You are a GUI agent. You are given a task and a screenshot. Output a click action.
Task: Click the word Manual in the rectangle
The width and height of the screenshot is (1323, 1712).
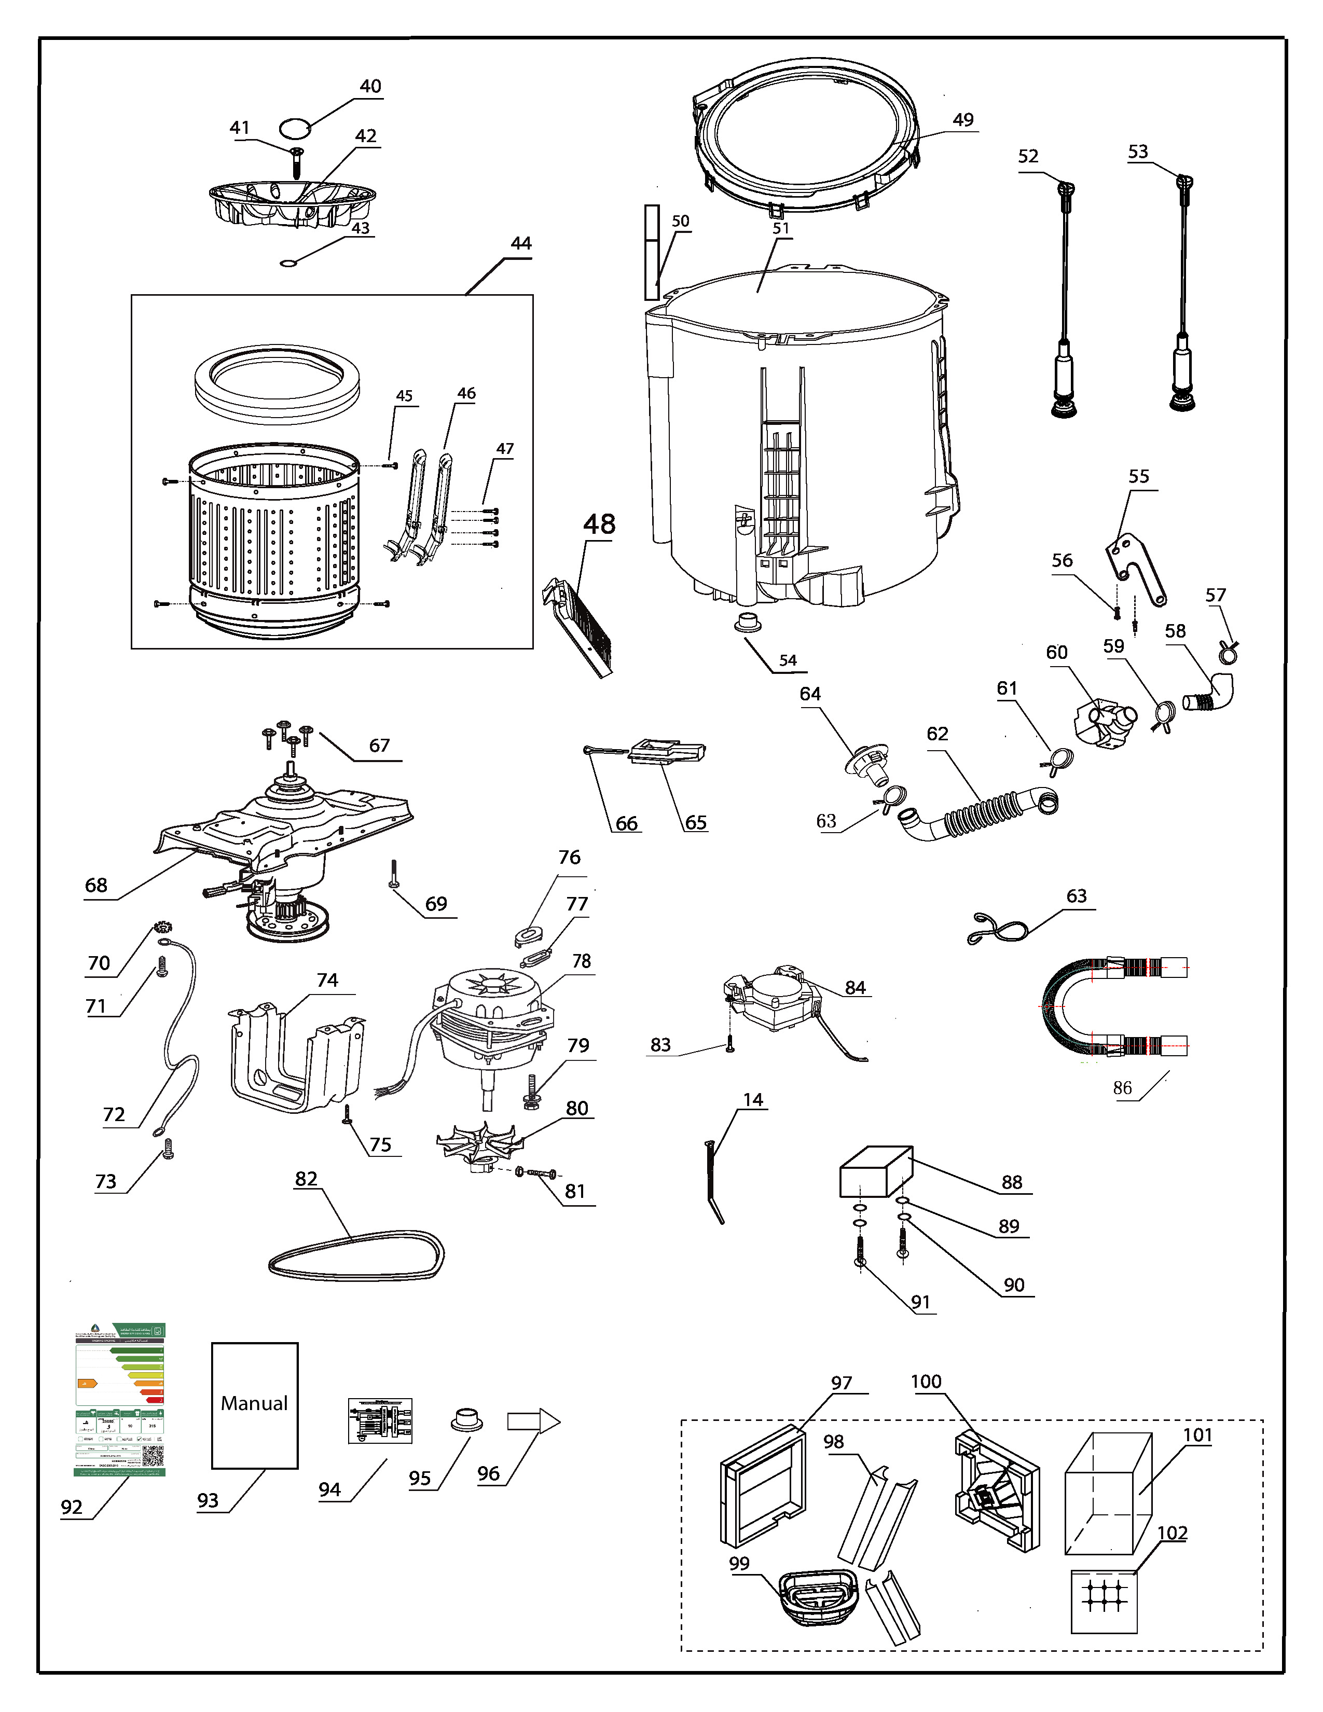tap(254, 1403)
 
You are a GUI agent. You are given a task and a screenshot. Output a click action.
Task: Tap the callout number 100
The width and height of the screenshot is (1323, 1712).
tap(926, 1381)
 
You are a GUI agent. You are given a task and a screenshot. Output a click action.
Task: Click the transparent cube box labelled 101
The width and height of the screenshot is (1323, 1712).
tap(1108, 1494)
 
